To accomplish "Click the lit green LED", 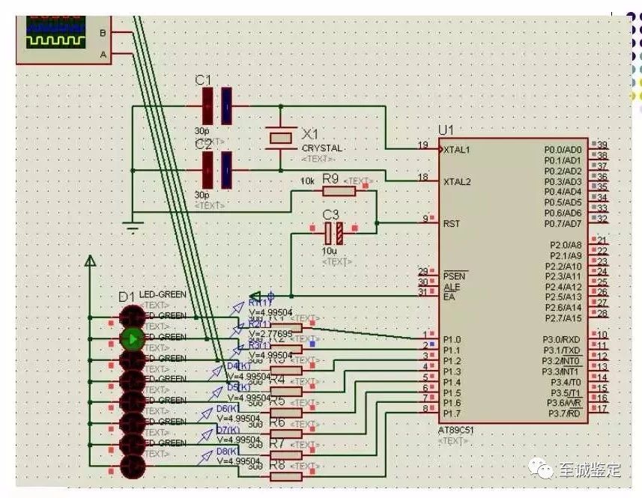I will click(x=133, y=338).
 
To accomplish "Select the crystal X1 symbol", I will click(x=280, y=137).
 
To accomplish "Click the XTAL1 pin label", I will click(x=457, y=150).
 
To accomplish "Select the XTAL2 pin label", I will click(x=457, y=181).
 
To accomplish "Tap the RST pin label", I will click(x=451, y=223).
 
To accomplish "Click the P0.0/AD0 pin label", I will click(x=563, y=150).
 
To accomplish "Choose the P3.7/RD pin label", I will click(x=564, y=413).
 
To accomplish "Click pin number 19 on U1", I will click(x=423, y=145).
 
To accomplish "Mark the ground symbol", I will click(x=133, y=225).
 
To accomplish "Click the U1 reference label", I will click(x=447, y=130).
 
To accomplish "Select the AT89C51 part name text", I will click(x=456, y=431).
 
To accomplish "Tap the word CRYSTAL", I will click(x=322, y=148).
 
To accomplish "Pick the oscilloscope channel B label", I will click(x=103, y=32).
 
